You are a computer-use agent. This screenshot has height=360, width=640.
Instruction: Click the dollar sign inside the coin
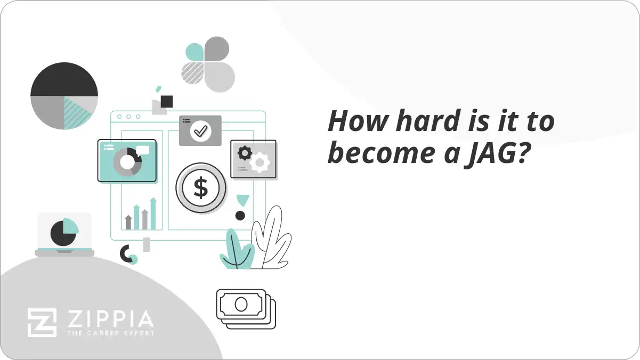point(201,187)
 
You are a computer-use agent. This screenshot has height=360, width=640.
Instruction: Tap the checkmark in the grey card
point(200,131)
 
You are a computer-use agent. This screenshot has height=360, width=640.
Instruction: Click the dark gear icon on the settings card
point(245,152)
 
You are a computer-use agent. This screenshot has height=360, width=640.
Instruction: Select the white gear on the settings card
point(260,162)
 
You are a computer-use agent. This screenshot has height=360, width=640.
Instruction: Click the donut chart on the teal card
point(127,162)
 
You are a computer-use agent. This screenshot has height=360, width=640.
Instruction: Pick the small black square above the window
point(167,101)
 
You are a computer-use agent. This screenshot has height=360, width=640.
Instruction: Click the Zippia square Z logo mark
point(42,323)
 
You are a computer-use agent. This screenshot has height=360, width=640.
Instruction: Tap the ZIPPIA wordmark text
point(110,319)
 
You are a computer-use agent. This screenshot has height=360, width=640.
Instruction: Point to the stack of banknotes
point(246,309)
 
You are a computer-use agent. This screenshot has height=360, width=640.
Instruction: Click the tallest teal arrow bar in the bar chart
point(153,214)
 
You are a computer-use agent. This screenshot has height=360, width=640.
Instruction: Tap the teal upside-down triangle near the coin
point(243,200)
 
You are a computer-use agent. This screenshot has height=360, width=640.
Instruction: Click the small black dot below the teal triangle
point(240,216)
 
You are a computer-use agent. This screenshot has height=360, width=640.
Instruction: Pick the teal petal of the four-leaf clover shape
point(195,52)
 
